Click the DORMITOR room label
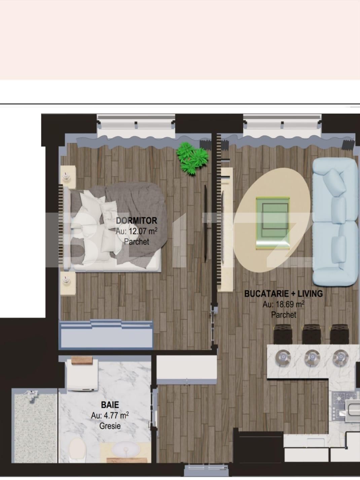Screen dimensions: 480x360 136,221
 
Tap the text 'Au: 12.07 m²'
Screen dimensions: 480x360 136,231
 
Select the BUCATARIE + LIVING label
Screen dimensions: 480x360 283,294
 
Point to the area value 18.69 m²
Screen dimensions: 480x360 283,304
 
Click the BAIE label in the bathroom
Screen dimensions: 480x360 110,404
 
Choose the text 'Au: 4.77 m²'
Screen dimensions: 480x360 110,415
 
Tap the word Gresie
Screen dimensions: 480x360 110,426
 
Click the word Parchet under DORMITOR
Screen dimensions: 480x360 136,241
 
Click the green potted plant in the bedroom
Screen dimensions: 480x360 190,158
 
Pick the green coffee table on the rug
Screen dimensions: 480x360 273,223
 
